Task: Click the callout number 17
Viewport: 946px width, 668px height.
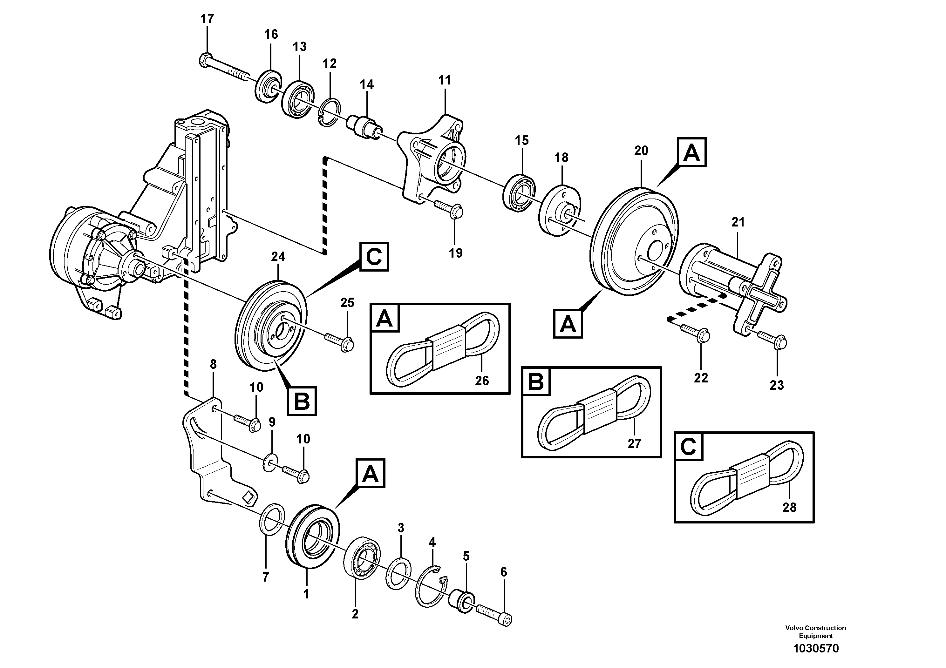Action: pyautogui.click(x=207, y=19)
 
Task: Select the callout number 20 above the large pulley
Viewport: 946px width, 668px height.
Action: pyautogui.click(x=641, y=151)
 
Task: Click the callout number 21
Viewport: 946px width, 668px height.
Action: pyautogui.click(x=738, y=222)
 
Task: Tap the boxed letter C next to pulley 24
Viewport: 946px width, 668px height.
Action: pyautogui.click(x=374, y=257)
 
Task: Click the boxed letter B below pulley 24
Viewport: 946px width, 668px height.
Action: pyautogui.click(x=302, y=400)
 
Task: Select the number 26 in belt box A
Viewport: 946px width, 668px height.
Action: pyautogui.click(x=482, y=381)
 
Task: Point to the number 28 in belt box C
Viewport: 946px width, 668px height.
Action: pyautogui.click(x=789, y=507)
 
